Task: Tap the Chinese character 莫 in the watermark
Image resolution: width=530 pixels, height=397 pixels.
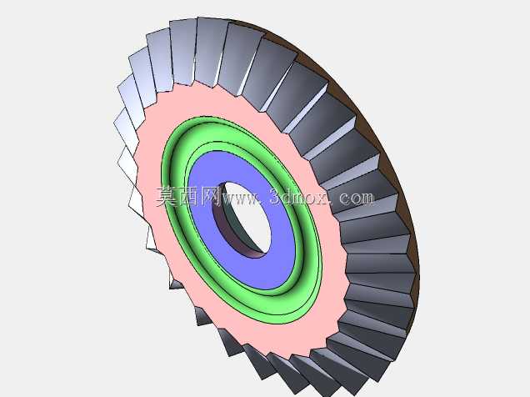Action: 167,197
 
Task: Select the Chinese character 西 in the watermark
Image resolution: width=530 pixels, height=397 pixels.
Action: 188,197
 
